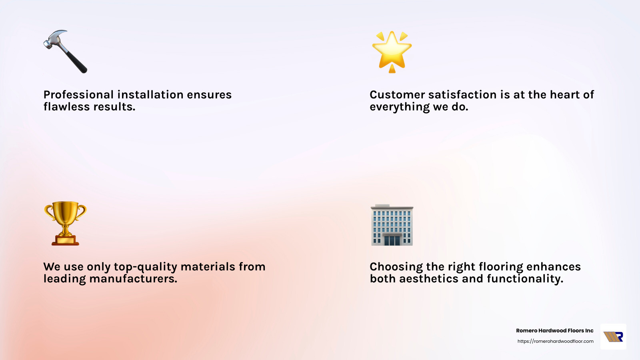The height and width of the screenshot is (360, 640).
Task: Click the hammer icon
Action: (x=65, y=52)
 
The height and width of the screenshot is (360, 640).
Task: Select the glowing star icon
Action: (x=392, y=51)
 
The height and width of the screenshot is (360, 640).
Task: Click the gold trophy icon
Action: (x=65, y=223)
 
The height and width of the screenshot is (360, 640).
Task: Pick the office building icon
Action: (x=392, y=225)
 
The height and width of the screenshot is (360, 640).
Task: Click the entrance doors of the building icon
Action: (x=392, y=240)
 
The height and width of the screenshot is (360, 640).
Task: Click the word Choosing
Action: (x=396, y=267)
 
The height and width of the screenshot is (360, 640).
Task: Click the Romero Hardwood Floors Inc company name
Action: (x=554, y=331)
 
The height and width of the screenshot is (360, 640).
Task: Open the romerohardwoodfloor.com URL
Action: (x=555, y=341)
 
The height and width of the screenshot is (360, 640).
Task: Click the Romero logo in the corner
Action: (x=613, y=337)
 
